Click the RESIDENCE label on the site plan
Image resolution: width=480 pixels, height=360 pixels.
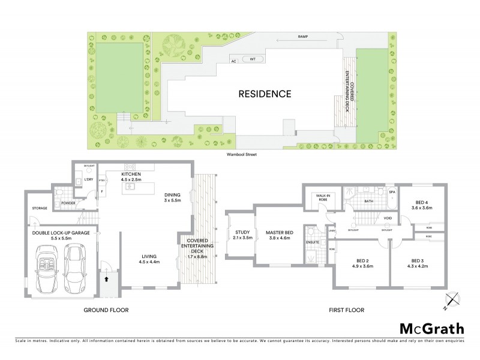click(265, 94)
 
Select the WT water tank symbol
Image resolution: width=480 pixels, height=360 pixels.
click(253, 59)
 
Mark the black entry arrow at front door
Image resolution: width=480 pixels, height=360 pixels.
click(107, 278)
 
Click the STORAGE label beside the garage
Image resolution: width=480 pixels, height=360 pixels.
click(40, 208)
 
